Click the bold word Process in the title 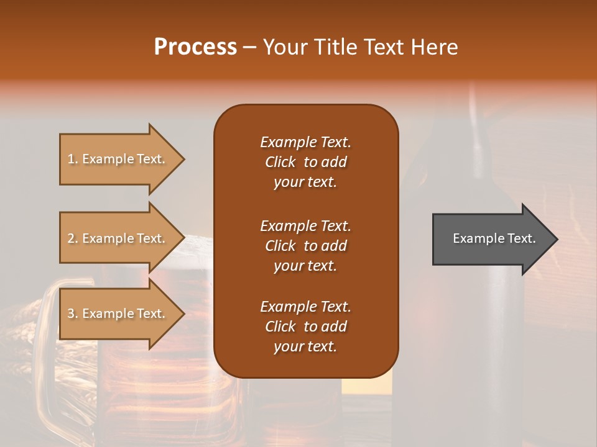(x=195, y=47)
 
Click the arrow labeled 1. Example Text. (x=118, y=159)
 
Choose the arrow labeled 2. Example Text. (x=118, y=238)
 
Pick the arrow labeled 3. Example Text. (x=118, y=314)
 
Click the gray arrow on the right (x=491, y=239)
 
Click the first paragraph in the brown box (x=305, y=162)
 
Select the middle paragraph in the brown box (x=305, y=246)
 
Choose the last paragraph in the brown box (x=305, y=327)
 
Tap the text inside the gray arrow (x=494, y=238)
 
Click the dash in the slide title (x=249, y=48)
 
